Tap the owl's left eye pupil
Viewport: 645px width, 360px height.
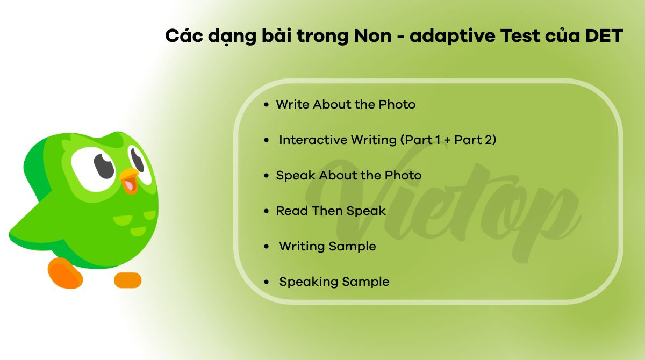(104, 165)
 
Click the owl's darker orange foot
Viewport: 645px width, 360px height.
(65, 273)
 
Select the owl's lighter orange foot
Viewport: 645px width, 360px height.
(127, 280)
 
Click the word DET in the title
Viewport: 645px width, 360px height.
(604, 36)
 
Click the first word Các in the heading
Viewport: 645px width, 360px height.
(183, 36)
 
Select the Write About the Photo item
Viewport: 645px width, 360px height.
(346, 104)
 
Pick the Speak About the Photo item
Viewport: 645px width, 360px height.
(348, 175)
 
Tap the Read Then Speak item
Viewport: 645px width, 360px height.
(331, 211)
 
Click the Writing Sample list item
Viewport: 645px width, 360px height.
(327, 246)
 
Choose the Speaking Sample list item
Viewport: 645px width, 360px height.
(334, 282)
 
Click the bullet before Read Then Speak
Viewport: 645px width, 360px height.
(266, 211)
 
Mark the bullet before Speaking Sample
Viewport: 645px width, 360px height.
(266, 282)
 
